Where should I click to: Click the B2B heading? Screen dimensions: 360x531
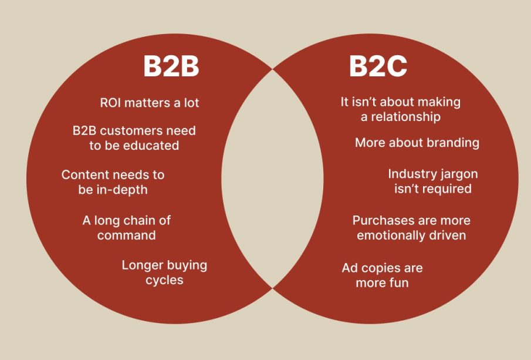171,67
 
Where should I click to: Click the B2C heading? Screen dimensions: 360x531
378,67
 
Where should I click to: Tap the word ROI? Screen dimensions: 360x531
110,103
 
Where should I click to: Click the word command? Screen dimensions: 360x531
127,235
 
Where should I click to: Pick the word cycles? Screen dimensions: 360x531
164,280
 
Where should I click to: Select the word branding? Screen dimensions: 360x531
451,143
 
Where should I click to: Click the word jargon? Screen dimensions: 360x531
458,174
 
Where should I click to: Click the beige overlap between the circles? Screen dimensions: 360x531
272,176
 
